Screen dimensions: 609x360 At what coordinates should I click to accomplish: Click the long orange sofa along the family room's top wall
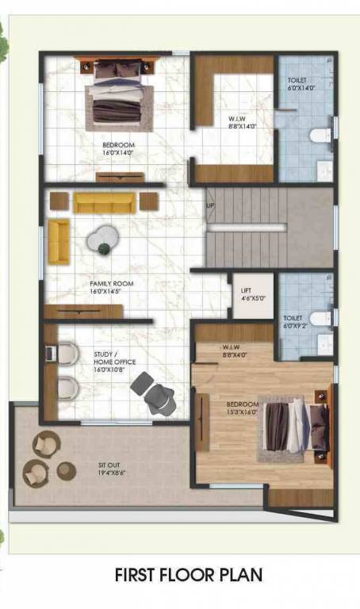point(104,202)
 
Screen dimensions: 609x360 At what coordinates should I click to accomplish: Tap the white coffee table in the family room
point(101,237)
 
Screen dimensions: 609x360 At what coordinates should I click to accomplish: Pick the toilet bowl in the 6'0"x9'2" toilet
point(319,318)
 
